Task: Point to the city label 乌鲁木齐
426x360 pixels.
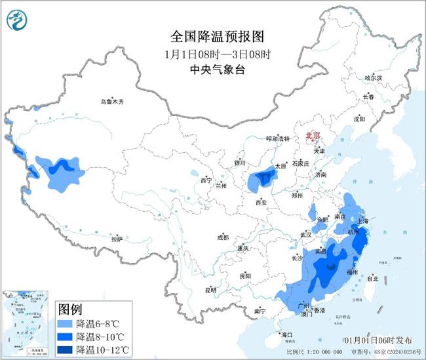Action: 111,102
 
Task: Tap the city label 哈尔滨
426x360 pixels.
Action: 373,78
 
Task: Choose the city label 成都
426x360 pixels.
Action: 223,237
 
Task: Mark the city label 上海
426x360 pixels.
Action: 366,222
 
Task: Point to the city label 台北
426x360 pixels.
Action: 372,279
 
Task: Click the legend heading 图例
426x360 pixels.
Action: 70,308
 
